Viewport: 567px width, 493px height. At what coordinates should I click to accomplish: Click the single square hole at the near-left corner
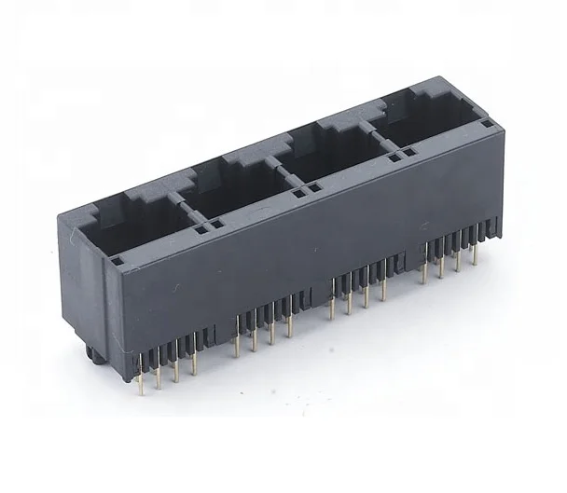coord(118,262)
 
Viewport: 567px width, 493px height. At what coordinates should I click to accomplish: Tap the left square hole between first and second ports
coord(202,226)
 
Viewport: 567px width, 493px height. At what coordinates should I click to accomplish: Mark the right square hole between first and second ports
coord(219,224)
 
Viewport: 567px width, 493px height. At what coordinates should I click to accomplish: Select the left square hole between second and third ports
coord(298,194)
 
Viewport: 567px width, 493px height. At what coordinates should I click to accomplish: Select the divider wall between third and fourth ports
coord(373,139)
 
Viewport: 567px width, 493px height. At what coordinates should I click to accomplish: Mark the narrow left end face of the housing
coord(79,280)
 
